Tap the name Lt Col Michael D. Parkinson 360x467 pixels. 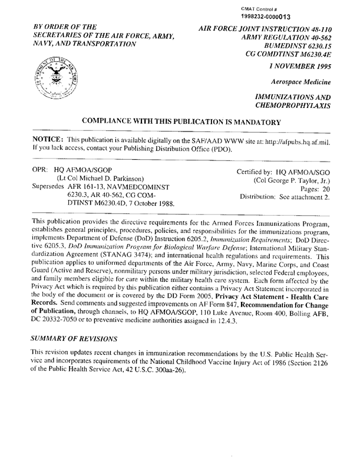pyautogui.click(x=104, y=178)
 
